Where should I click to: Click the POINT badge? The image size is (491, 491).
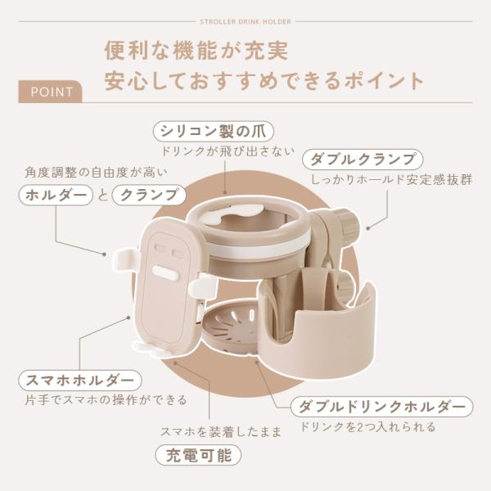tap(50, 92)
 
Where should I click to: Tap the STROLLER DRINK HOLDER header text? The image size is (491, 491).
tap(245, 22)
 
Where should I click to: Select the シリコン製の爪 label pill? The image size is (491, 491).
tap(214, 132)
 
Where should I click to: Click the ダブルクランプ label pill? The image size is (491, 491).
tap(363, 160)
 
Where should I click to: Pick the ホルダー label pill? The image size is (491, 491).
tap(56, 195)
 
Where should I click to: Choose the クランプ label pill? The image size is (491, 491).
tap(149, 195)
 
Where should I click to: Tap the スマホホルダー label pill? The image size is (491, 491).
tap(80, 381)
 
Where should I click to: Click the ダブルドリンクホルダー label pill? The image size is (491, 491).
tap(381, 407)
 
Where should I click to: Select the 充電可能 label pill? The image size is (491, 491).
tap(198, 455)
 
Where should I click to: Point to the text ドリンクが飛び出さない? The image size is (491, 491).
tap(227, 151)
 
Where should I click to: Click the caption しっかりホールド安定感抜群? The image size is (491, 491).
tap(391, 180)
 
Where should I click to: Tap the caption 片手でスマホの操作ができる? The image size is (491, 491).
tap(106, 400)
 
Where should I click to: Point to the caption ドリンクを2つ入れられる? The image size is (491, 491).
tap(367, 426)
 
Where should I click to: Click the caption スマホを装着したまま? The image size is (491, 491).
tap(221, 432)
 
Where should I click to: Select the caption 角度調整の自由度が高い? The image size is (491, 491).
tap(96, 172)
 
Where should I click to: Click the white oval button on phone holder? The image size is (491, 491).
tap(165, 273)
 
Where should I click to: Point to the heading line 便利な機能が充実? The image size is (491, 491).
tap(196, 50)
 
